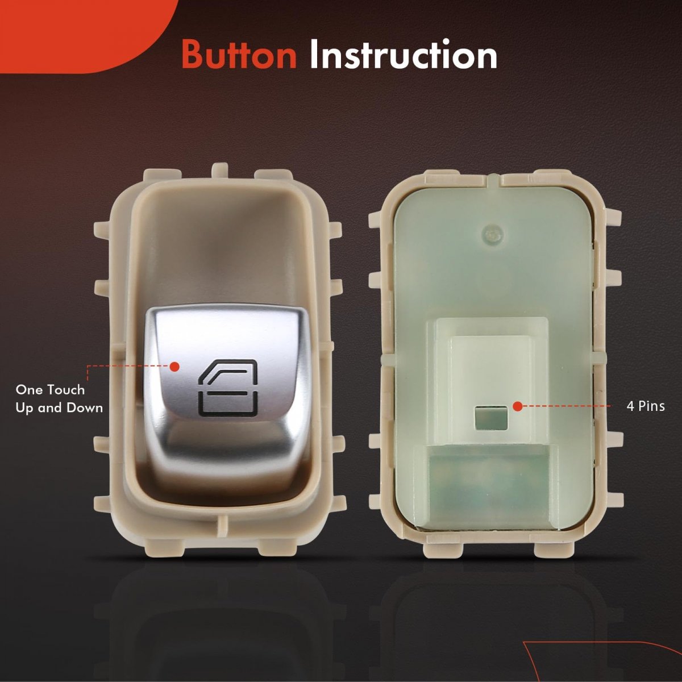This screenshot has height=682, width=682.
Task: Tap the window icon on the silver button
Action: click(x=228, y=387)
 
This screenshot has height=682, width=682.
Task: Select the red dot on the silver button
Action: click(x=174, y=367)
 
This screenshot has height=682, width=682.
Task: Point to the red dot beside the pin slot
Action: click(x=517, y=406)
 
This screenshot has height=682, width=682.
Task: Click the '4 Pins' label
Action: click(x=646, y=406)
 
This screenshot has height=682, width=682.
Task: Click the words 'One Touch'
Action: click(x=50, y=390)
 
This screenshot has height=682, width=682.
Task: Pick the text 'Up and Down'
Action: click(x=59, y=408)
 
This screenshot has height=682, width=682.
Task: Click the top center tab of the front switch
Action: click(x=221, y=172)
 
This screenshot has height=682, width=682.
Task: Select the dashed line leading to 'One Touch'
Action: click(x=128, y=367)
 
